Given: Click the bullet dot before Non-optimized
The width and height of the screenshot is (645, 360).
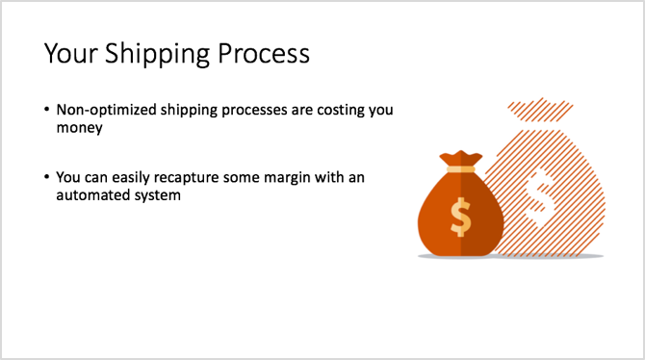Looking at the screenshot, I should coord(47,110).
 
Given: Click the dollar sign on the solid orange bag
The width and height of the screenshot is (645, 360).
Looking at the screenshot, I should coord(461,217).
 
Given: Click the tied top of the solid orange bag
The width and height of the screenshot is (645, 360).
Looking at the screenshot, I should coord(460,156).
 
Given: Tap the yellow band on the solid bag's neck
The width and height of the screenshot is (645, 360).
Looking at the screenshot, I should coord(460,169).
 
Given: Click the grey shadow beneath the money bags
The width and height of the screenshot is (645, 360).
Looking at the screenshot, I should coord(510,256).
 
